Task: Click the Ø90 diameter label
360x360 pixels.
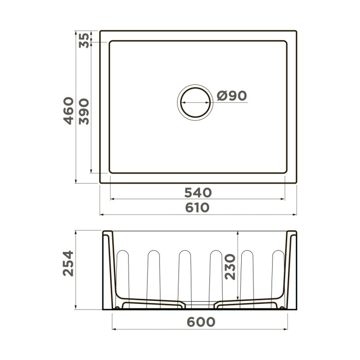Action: [232, 96]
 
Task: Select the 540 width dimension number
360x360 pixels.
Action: [198, 193]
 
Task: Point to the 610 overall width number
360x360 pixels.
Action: [198, 207]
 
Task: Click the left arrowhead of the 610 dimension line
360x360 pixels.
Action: [101, 214]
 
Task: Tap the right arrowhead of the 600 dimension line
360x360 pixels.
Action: [286, 329]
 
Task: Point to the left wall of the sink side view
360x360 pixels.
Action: [109, 267]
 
